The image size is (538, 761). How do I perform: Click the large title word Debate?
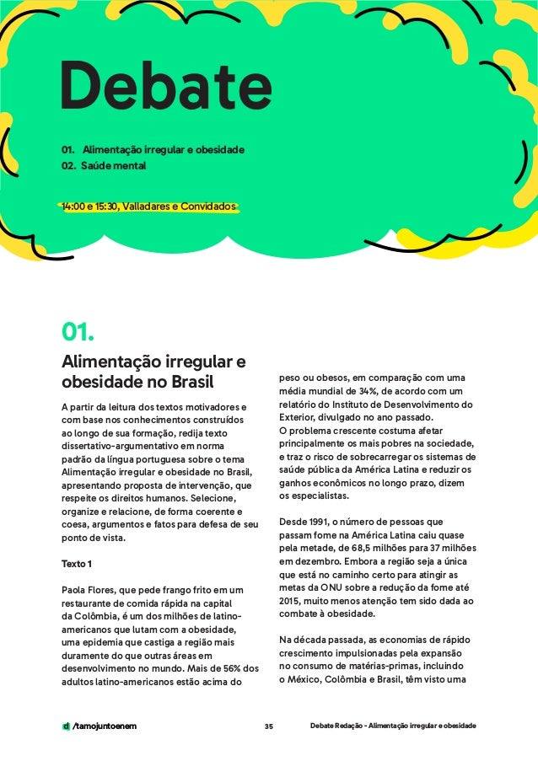pyautogui.click(x=165, y=88)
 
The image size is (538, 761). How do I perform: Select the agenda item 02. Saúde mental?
pyautogui.click(x=103, y=167)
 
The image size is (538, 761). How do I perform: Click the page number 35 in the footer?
pyautogui.click(x=268, y=726)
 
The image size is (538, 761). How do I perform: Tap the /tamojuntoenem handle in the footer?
pyautogui.click(x=105, y=726)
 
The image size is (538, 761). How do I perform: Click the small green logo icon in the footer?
pyautogui.click(x=66, y=726)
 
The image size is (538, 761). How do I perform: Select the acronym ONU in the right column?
pyautogui.click(x=336, y=587)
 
